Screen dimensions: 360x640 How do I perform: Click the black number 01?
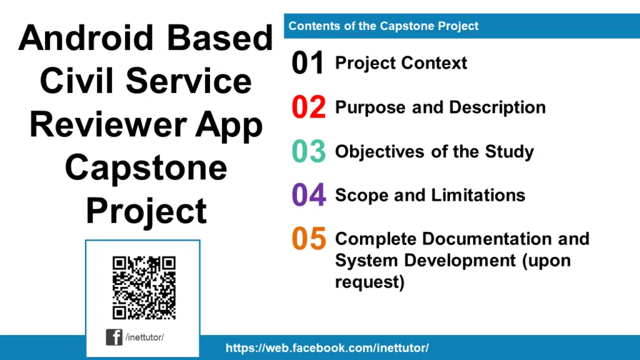click(x=308, y=64)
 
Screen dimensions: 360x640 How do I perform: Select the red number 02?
click(x=309, y=107)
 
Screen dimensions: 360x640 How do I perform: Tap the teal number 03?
click(x=309, y=152)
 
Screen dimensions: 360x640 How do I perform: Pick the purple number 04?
click(x=309, y=196)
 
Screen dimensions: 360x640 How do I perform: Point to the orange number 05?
click(x=309, y=239)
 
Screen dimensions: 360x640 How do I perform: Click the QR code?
click(x=144, y=287)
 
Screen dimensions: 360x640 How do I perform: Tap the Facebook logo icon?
click(x=114, y=337)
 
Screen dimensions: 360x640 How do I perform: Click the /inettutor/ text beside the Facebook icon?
click(x=144, y=337)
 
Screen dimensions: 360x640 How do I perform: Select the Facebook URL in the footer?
click(x=327, y=348)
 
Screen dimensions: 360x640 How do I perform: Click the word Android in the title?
click(x=79, y=39)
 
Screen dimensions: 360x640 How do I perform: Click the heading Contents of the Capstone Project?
click(x=383, y=26)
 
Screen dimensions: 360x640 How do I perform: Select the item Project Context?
click(x=401, y=63)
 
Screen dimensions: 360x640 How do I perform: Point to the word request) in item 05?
click(x=370, y=282)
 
